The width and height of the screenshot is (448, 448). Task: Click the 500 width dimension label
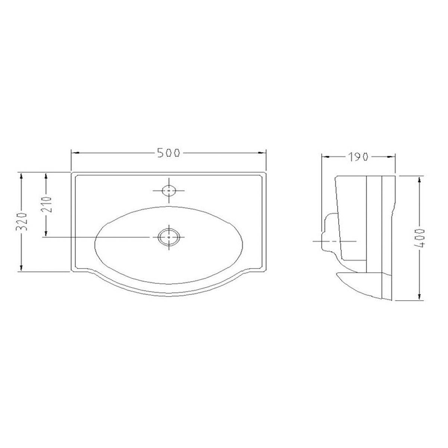click(x=169, y=153)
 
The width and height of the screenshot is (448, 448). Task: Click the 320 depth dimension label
click(x=22, y=222)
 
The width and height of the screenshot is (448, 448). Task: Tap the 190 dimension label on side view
click(x=359, y=157)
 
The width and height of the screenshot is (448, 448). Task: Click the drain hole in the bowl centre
click(x=169, y=237)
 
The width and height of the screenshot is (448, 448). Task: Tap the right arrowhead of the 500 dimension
click(x=264, y=153)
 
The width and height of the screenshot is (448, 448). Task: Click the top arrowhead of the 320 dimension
click(x=22, y=176)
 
